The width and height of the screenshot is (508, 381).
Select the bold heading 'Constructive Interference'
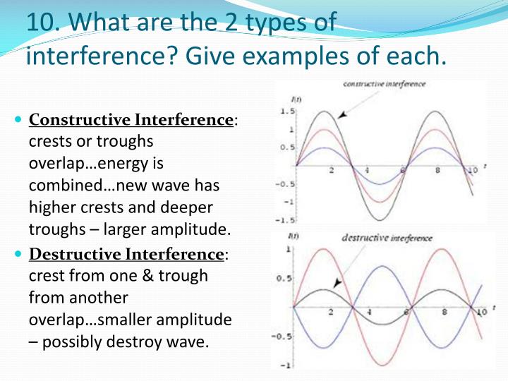tap(131, 120)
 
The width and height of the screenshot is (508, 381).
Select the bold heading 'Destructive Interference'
tap(126, 253)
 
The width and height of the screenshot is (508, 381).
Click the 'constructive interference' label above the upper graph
tap(384, 84)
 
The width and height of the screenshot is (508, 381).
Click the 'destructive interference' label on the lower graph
tap(387, 238)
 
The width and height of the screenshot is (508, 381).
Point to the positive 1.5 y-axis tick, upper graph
tap(286, 112)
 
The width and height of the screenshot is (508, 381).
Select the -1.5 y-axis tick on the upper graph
tap(284, 219)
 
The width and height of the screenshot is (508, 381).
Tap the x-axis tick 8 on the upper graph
tap(437, 171)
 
